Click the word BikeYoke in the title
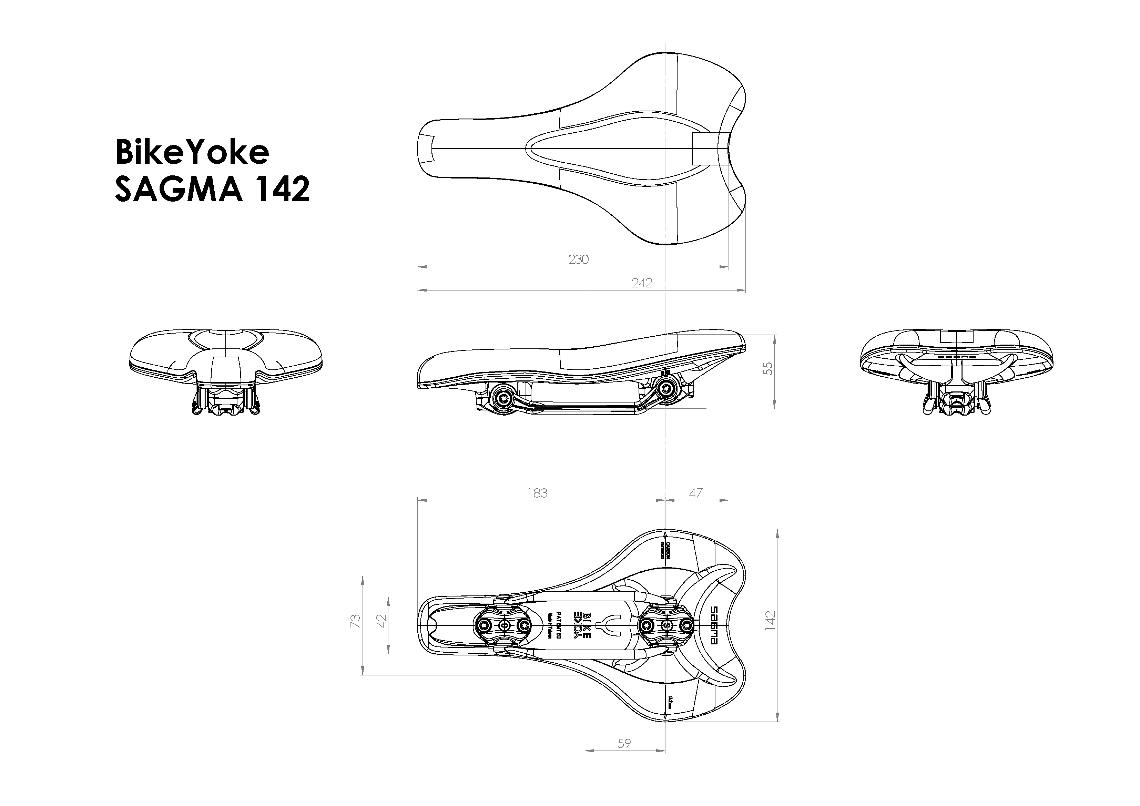click(192, 152)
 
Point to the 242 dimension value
click(641, 283)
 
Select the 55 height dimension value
click(767, 368)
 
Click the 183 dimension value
click(537, 493)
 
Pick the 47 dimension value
click(696, 493)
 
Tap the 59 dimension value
click(624, 743)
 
